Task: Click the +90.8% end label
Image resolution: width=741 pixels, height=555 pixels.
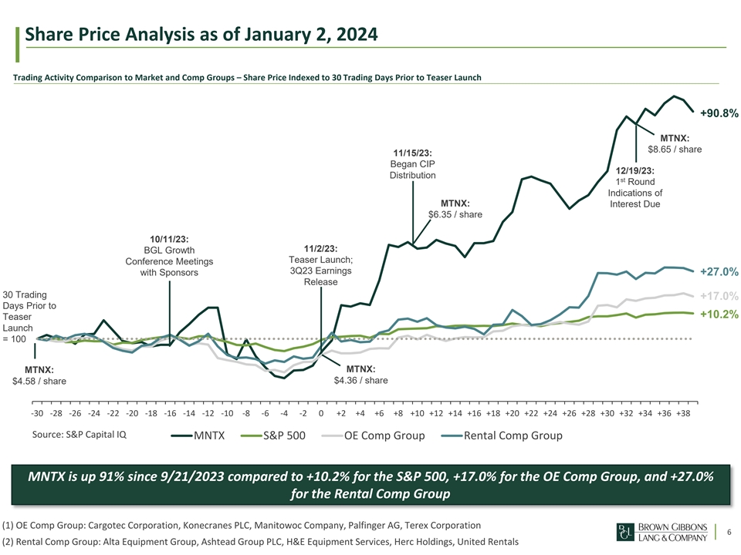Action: pos(719,113)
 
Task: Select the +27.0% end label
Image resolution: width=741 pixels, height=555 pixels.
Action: pos(719,271)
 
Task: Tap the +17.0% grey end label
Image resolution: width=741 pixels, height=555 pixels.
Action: pos(719,296)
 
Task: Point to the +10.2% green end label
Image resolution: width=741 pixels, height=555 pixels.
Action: pos(719,314)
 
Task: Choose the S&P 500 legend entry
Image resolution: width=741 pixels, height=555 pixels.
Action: pos(274,436)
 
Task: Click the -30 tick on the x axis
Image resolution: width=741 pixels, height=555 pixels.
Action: pos(37,414)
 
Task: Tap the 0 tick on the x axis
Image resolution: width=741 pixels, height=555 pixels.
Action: pos(320,414)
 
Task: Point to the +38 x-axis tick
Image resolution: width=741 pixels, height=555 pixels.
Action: pos(682,414)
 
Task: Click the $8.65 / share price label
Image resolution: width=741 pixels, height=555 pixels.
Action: pos(674,149)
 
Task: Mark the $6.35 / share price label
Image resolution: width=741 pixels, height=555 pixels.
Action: pos(455,214)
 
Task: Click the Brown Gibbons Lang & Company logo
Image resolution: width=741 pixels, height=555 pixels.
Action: pos(664,532)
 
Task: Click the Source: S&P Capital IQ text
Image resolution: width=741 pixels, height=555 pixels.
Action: pos(80,434)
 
